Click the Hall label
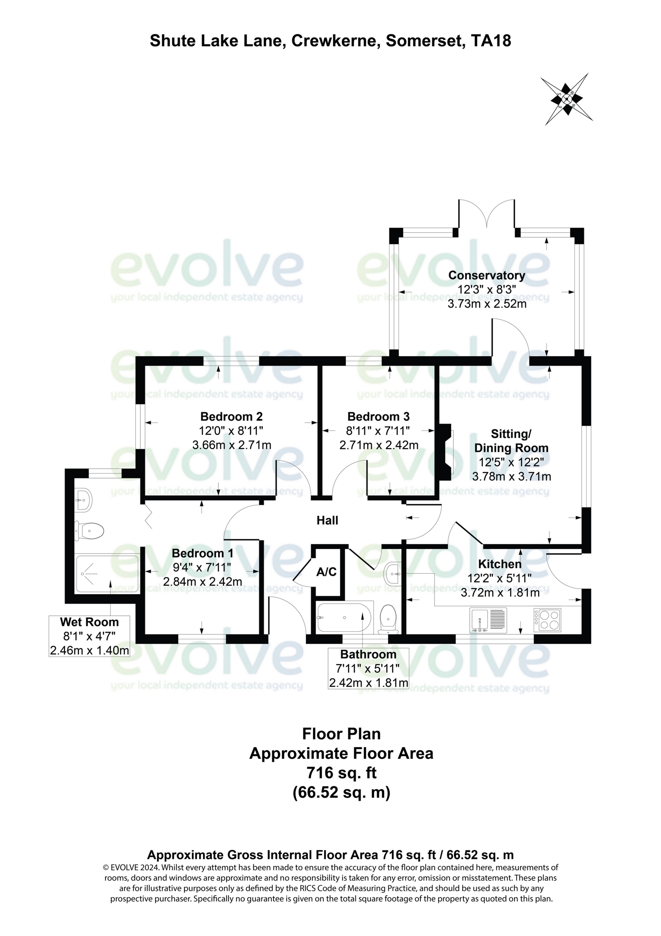pos(327,520)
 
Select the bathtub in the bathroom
pos(344,618)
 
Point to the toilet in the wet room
pos(89,531)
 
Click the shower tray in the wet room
pos(107,574)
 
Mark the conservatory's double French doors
pos(487,214)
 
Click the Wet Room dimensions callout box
pos(89,636)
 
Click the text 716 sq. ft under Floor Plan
pos(341,773)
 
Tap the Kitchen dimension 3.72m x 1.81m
pos(500,592)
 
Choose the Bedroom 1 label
pos(202,553)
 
